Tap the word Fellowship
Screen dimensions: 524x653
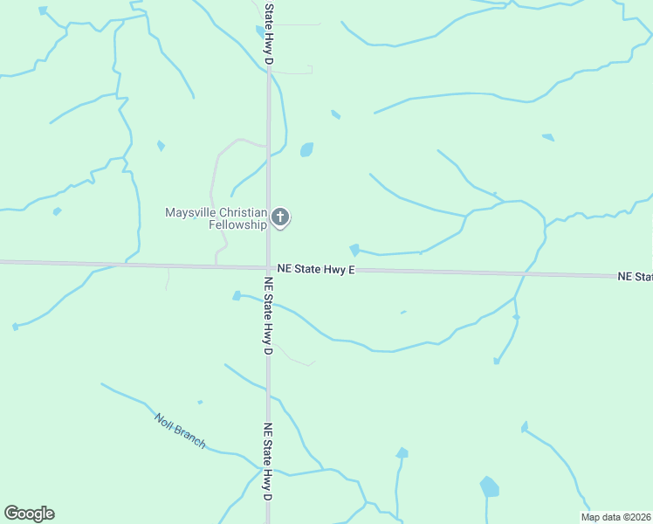237,224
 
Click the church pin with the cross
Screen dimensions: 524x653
280,217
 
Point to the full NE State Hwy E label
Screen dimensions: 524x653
316,270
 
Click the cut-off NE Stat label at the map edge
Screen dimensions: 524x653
635,277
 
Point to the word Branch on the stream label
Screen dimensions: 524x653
191,437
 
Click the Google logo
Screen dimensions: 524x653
29,514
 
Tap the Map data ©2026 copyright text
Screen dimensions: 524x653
615,517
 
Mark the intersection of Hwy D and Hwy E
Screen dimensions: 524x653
269,267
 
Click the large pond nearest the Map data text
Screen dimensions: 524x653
490,486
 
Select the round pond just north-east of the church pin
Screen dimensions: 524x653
306,149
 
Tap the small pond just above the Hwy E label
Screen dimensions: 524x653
354,250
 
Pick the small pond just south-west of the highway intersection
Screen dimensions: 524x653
237,296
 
